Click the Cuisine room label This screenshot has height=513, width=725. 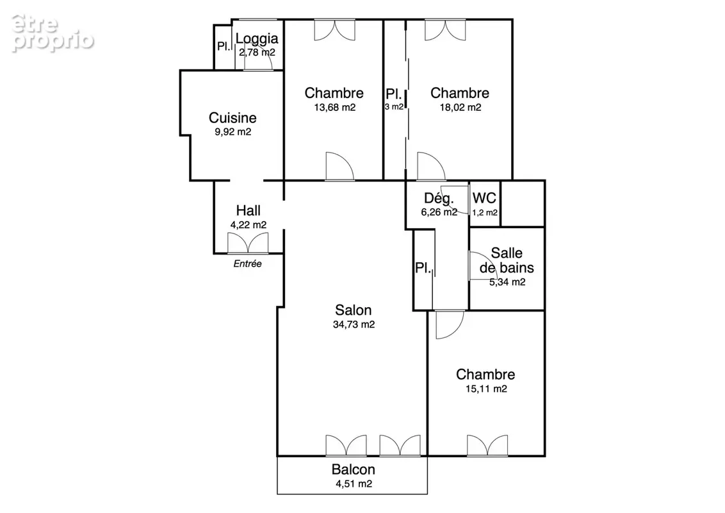pyautogui.click(x=232, y=117)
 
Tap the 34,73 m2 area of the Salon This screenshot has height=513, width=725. pyautogui.click(x=354, y=324)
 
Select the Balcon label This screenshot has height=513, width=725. pyautogui.click(x=354, y=469)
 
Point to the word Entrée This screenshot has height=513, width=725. pyautogui.click(x=247, y=264)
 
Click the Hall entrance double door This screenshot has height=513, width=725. pyautogui.click(x=248, y=243)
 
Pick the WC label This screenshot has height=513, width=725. pyautogui.click(x=484, y=198)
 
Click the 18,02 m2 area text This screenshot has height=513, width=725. pyautogui.click(x=460, y=108)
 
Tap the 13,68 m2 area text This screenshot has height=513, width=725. pyautogui.click(x=335, y=108)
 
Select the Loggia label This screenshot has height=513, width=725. pyautogui.click(x=257, y=38)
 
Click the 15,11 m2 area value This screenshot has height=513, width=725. pyautogui.click(x=486, y=389)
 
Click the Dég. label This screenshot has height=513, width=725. pyautogui.click(x=439, y=198)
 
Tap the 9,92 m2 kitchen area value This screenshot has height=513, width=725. pyautogui.click(x=232, y=132)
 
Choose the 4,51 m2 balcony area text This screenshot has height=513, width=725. pyautogui.click(x=354, y=484)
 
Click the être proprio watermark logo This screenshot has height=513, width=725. pyautogui.click(x=53, y=33)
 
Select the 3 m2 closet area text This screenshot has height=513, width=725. pyautogui.click(x=394, y=107)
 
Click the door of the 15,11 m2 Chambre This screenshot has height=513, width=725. pyautogui.click(x=450, y=324)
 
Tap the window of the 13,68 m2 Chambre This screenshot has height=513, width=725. pyautogui.click(x=335, y=29)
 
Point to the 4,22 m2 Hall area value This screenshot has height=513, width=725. pyautogui.click(x=248, y=225)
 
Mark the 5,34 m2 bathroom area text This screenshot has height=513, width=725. pyautogui.click(x=507, y=282)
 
